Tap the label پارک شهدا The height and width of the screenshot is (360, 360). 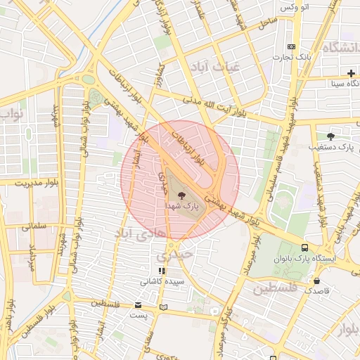182,208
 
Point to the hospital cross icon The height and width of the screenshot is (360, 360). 351,74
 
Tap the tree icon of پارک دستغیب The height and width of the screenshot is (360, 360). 330,136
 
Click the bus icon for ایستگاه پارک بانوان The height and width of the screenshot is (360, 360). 304,247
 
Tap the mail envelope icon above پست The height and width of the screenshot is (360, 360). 138,305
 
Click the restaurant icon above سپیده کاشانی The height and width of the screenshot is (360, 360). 162,270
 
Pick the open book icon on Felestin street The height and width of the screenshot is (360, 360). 164,307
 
